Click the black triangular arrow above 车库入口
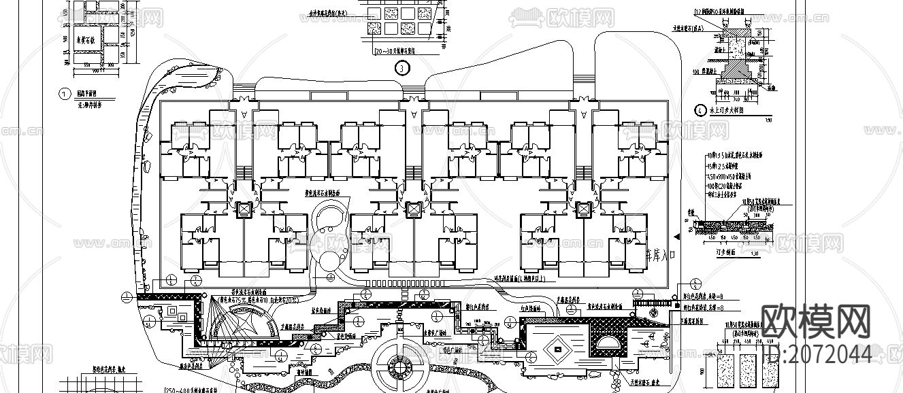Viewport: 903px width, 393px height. pos(676,235)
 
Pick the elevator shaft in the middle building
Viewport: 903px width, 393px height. pos(412,209)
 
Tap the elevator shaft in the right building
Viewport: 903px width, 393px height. pos(582,209)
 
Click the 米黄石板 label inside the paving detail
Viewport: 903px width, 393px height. pos(87,39)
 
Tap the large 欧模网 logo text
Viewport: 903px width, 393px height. pos(815,321)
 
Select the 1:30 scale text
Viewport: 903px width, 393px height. pos(751,254)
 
